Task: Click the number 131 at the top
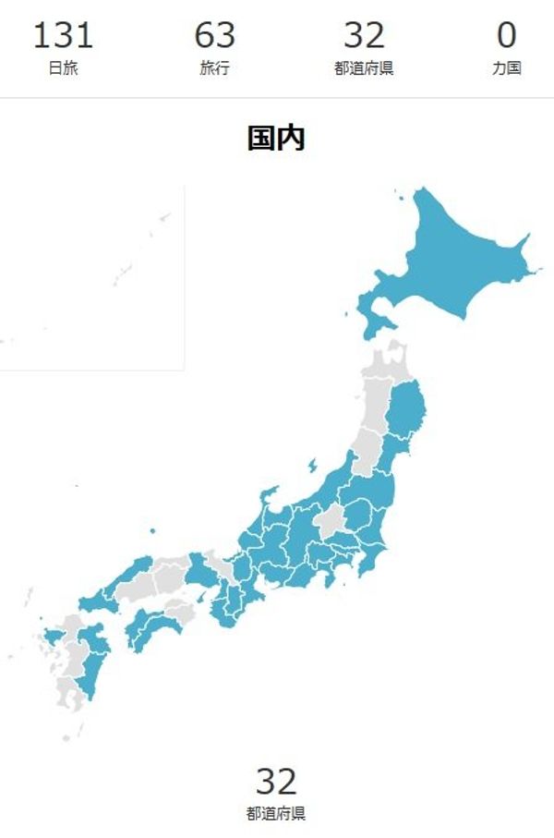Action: tap(63, 36)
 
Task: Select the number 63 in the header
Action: tap(214, 36)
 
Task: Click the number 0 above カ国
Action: tap(506, 36)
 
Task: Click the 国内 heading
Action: tap(276, 139)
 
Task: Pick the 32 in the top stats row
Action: tap(364, 36)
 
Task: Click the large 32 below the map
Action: tap(276, 782)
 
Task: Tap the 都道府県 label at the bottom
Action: tap(276, 814)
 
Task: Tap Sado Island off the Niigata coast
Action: tap(312, 465)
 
